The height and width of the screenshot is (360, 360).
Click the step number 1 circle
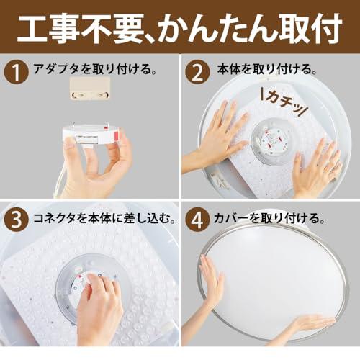tap(17, 71)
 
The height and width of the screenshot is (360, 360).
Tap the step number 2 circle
tap(197, 71)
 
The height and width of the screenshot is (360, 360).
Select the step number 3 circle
tap(17, 219)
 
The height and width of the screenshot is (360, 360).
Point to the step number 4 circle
tap(197, 219)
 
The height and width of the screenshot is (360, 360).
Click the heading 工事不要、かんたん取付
tap(179, 28)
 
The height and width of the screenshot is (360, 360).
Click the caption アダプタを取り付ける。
tap(95, 69)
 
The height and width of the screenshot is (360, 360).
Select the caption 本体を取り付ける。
tap(267, 69)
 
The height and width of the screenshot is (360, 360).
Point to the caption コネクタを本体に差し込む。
tap(104, 218)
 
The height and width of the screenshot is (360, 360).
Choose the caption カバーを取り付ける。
tap(269, 218)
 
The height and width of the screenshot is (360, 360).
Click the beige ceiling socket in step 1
tap(90, 88)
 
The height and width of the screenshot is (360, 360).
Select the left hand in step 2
tap(216, 139)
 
